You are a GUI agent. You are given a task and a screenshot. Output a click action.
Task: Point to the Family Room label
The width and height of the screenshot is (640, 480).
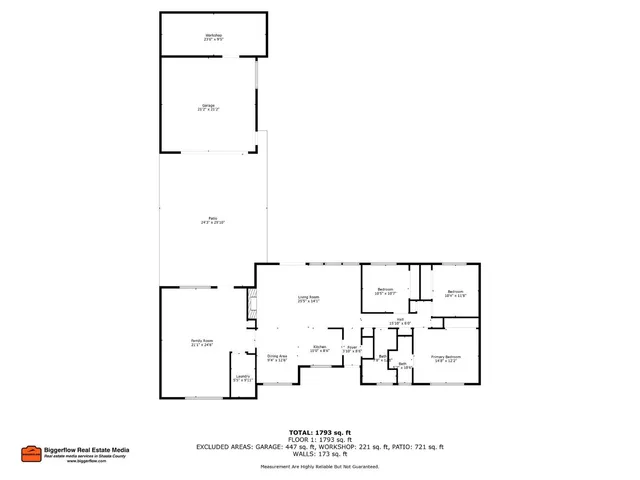pos(203,343)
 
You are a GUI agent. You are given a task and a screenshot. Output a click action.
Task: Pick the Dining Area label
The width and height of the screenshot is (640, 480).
pos(277,357)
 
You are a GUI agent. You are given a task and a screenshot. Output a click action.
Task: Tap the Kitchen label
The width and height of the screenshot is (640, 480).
pos(319,349)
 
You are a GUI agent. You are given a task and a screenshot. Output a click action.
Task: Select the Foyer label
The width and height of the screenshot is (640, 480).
pos(352,350)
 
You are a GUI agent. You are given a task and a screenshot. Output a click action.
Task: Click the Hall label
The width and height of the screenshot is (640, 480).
pos(400,322)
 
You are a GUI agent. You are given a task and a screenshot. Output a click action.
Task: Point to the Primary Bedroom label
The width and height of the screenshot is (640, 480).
pos(446,358)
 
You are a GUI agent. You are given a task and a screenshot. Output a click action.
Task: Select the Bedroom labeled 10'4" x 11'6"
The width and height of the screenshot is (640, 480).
pos(456,294)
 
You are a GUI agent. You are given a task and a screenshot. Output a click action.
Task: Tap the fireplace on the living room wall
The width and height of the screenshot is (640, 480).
pos(251,303)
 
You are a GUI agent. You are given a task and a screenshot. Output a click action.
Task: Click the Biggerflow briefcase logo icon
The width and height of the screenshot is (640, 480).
pos(30,453)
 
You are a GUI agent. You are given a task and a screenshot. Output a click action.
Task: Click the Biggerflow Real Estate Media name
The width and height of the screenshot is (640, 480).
pos(88,449)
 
